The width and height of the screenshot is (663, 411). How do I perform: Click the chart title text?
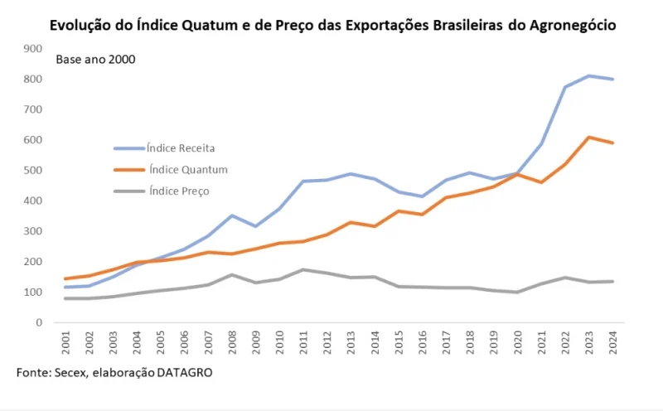click(332, 25)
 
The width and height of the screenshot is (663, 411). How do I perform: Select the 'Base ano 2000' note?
click(95, 60)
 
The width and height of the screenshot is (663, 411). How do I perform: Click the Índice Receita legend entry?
click(181, 148)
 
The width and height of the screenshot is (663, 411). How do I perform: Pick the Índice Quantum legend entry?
click(186, 169)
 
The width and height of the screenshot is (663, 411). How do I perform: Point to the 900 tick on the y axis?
click(31, 48)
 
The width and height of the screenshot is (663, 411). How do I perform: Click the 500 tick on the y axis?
click(31, 171)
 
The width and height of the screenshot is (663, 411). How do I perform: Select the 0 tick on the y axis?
click(37, 323)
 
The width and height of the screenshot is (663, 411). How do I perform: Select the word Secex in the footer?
click(69, 373)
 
